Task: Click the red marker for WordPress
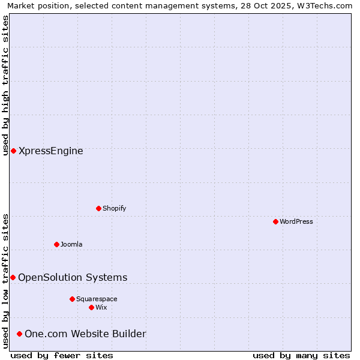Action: (x=275, y=221)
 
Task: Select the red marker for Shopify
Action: (x=98, y=208)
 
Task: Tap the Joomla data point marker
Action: (x=56, y=244)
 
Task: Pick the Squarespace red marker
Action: (x=72, y=299)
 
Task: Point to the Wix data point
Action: (x=91, y=307)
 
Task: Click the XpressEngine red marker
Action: (x=13, y=151)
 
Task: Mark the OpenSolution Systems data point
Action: (x=13, y=277)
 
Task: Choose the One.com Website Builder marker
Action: (x=19, y=334)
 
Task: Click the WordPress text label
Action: (x=296, y=221)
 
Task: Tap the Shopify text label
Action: (x=114, y=208)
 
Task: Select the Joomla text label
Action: (x=71, y=244)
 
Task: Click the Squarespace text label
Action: (x=97, y=299)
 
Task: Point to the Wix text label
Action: (x=101, y=307)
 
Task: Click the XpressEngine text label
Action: (x=51, y=151)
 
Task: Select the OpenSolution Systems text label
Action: (x=73, y=277)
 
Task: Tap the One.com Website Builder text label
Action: (x=85, y=334)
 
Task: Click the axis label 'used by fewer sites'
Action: (x=62, y=355)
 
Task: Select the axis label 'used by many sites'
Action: (x=301, y=355)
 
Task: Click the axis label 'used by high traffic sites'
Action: (x=5, y=85)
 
